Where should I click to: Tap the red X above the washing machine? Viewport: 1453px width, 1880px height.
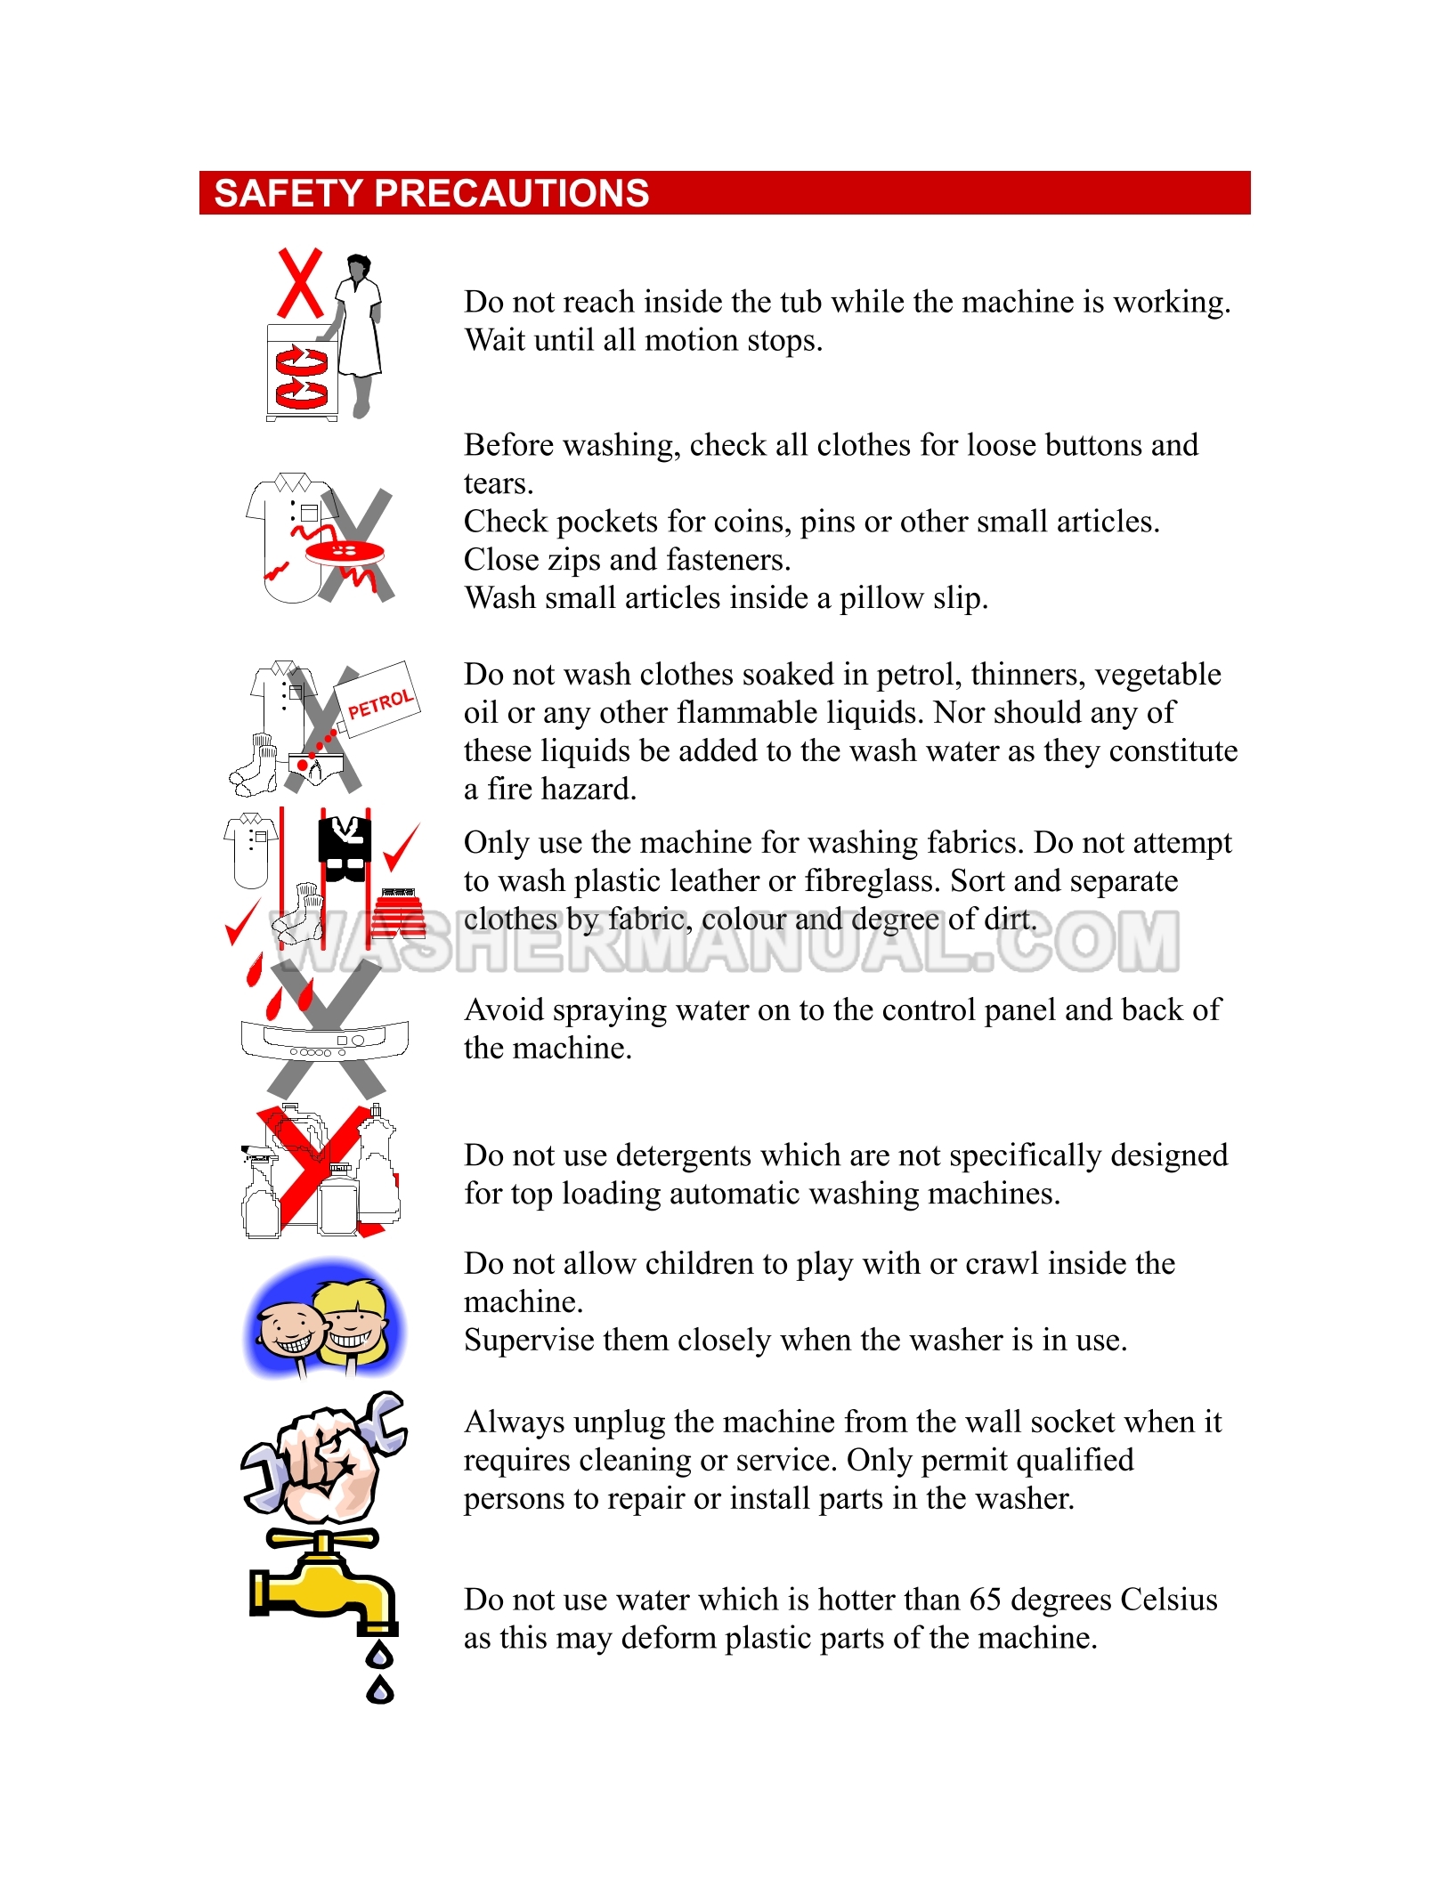(300, 284)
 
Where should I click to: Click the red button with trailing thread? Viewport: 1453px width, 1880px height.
(344, 552)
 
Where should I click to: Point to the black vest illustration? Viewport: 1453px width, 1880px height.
(345, 849)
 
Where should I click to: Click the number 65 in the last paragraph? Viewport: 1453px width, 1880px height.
(986, 1600)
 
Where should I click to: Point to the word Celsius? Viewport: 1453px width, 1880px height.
(1168, 1600)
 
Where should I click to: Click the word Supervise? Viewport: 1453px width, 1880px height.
(530, 1340)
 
